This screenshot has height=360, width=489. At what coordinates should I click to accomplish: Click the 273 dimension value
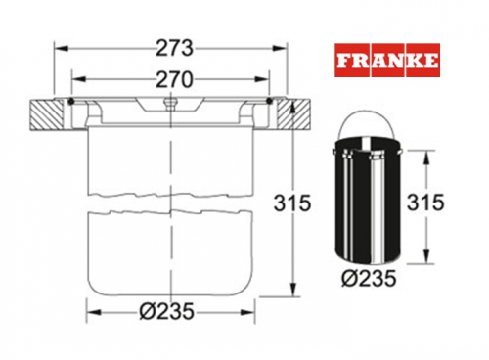(174, 48)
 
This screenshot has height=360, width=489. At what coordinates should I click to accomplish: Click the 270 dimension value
(174, 80)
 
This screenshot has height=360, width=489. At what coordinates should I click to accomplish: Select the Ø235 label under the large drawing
(167, 311)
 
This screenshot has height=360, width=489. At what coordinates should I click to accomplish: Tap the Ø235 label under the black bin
(369, 279)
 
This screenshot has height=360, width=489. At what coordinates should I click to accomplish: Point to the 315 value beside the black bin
(425, 202)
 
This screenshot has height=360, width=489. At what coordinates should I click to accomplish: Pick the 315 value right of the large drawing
(292, 202)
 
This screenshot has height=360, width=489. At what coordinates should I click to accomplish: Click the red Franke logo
(387, 61)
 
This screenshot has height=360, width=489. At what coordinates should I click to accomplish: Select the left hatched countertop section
(46, 114)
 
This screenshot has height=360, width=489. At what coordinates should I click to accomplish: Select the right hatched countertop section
(292, 114)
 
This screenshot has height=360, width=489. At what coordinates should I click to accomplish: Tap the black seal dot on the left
(71, 102)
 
